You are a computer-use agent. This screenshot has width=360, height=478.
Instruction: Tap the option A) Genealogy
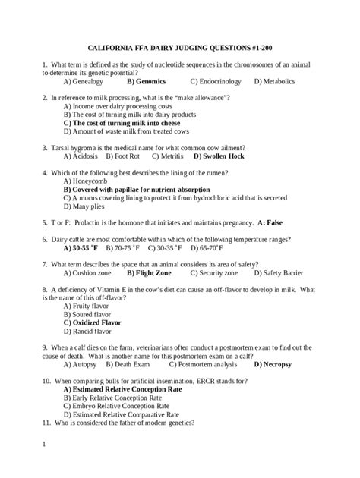[x=86, y=80]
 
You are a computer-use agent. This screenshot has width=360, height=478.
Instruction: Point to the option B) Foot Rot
[x=123, y=156]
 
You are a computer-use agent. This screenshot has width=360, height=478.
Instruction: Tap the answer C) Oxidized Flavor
[x=93, y=322]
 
